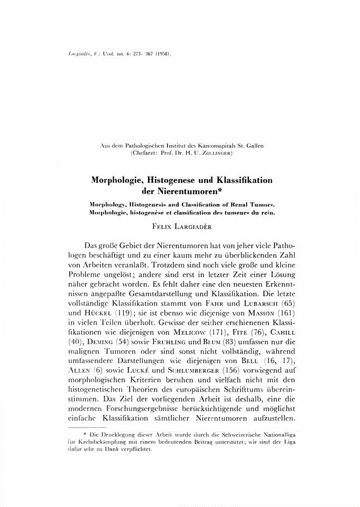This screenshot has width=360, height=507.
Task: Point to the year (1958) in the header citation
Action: pos(162,55)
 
